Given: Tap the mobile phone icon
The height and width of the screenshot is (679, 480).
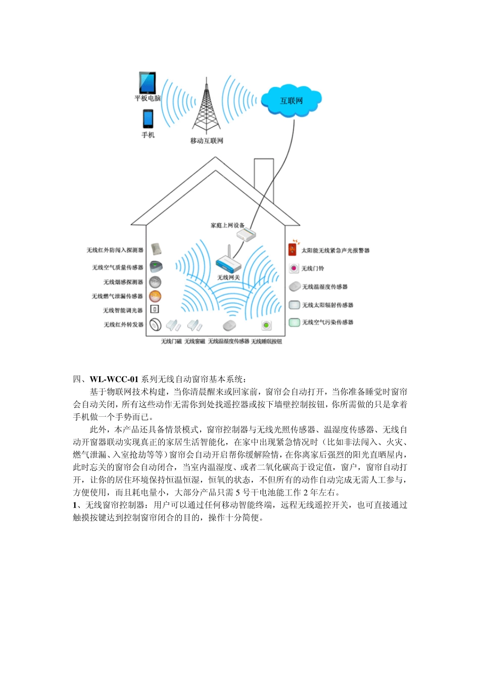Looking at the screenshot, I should click(x=148, y=119).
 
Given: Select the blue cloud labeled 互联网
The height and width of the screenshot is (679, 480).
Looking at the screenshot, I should click(x=292, y=101).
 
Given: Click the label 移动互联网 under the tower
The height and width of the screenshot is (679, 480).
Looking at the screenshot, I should click(x=207, y=141).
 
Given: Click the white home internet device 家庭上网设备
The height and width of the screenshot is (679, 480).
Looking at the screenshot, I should click(x=247, y=234).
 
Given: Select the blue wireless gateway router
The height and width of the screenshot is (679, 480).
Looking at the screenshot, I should click(x=228, y=262).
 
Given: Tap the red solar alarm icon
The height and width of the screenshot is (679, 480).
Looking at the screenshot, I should click(x=292, y=250).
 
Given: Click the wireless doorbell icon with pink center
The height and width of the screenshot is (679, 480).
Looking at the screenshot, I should click(x=294, y=268).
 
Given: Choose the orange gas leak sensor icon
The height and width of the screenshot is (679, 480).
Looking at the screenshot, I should click(x=155, y=296).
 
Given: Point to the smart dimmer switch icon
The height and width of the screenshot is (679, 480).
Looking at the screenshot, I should click(x=155, y=309).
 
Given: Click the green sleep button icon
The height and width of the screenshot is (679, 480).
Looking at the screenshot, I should click(x=266, y=326).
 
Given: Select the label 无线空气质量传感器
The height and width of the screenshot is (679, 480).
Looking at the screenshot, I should click(x=118, y=267).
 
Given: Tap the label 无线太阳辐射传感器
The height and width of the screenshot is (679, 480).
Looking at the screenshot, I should click(x=327, y=305).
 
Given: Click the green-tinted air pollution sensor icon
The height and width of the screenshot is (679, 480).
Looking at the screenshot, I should click(x=294, y=322).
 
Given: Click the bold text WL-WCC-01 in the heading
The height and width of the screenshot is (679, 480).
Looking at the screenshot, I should click(x=114, y=379).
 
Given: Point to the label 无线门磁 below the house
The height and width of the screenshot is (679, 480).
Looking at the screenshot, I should click(x=171, y=342).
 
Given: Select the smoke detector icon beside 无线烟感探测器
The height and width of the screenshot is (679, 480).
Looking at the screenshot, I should click(x=155, y=282).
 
